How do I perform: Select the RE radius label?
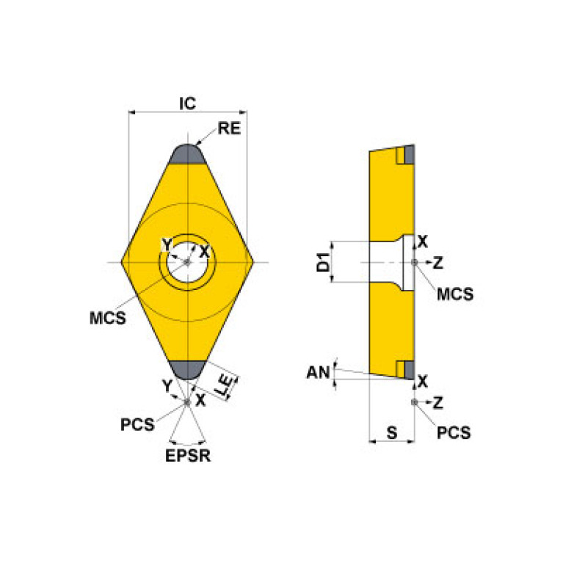[229, 130]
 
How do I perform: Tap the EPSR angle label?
[188, 456]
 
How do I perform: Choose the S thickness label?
[391, 433]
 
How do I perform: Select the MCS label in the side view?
[455, 294]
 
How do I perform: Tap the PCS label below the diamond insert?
[138, 425]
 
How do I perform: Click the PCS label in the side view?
[454, 432]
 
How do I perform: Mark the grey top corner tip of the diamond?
[188, 153]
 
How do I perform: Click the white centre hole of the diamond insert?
[188, 262]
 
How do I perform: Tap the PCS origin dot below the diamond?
[188, 402]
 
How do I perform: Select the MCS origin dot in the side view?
[415, 262]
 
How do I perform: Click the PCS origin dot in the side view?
[415, 402]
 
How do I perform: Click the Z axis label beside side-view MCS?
[438, 262]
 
